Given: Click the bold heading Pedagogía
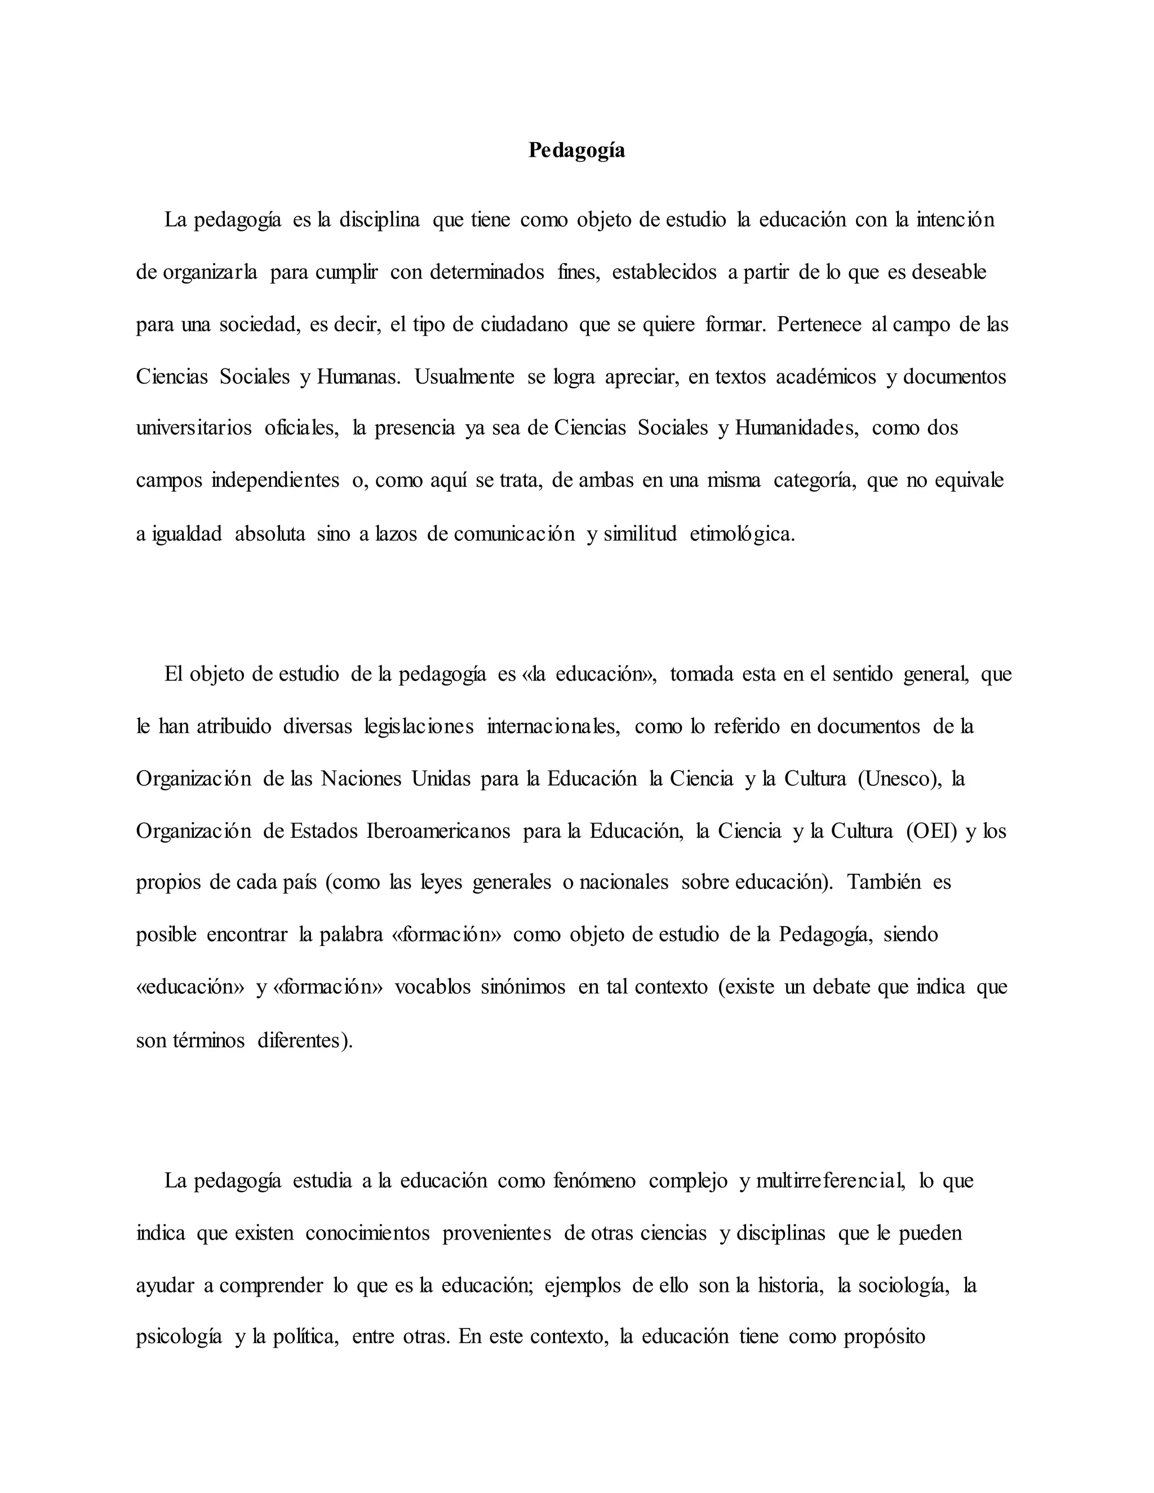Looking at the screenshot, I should coord(576,150).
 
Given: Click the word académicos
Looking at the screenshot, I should coord(826,377).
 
